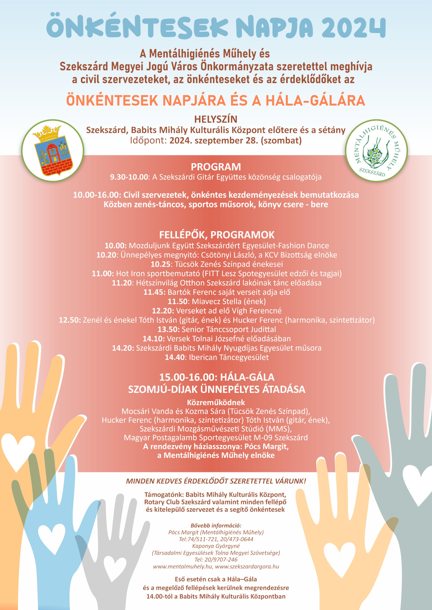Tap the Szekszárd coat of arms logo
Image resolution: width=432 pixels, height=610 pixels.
coord(53,151)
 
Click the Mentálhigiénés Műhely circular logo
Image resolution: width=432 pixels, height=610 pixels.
coord(377,151)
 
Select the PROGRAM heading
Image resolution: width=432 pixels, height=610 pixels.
coord(216,167)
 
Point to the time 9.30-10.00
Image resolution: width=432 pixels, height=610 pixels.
coord(129,177)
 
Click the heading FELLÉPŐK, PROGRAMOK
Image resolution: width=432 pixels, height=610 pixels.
coord(217,235)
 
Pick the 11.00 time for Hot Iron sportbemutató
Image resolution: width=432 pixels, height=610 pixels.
coord(102,274)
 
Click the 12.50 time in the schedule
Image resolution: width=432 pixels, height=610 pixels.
coord(69,320)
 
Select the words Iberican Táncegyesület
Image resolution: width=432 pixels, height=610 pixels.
coord(229,357)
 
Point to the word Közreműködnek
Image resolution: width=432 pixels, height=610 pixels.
coord(216,403)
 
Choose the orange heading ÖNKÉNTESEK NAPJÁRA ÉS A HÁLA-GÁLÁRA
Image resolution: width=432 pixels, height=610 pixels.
coord(216,100)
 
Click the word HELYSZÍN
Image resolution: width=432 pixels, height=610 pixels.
coord(216,119)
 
